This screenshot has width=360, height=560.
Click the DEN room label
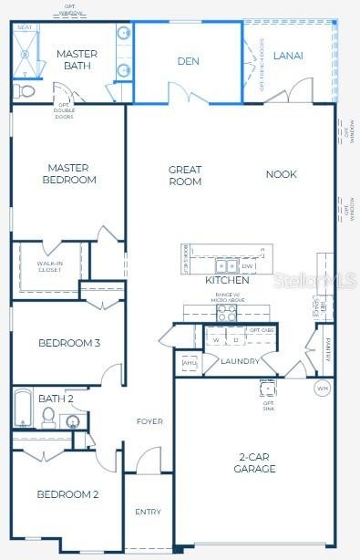pos(188,62)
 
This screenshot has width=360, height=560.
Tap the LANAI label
pos(288,56)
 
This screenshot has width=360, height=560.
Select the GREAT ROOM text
pos(184,175)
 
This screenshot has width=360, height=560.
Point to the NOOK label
pos(281,174)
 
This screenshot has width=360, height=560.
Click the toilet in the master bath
pos(24,91)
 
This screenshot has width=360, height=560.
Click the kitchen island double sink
pos(227,266)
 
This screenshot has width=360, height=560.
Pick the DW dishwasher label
pos(248,266)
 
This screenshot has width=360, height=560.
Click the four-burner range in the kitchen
pos(226,312)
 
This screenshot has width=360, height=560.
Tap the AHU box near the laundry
pos(190,363)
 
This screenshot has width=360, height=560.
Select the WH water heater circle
pos(322,388)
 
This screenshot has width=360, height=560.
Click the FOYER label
pos(149,421)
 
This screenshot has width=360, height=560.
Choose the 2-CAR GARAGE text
pos(255,462)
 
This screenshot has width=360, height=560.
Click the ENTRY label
pos(148,512)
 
